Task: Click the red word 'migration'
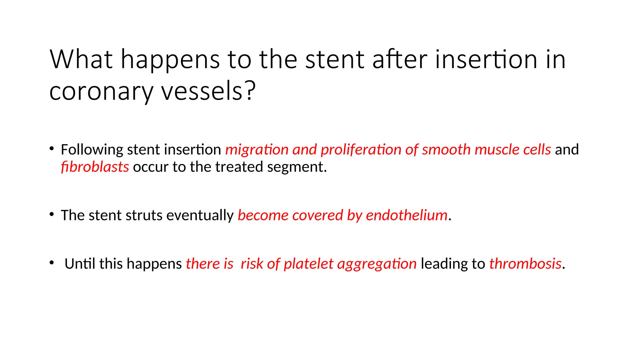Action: [257, 150]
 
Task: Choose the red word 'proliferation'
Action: [361, 150]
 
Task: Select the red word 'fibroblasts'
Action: [95, 167]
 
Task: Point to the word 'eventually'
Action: [200, 216]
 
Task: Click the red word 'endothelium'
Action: [407, 215]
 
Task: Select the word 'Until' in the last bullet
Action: [80, 264]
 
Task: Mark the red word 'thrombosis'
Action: [525, 264]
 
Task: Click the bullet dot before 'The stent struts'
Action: [52, 214]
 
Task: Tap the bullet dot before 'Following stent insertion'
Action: [52, 148]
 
